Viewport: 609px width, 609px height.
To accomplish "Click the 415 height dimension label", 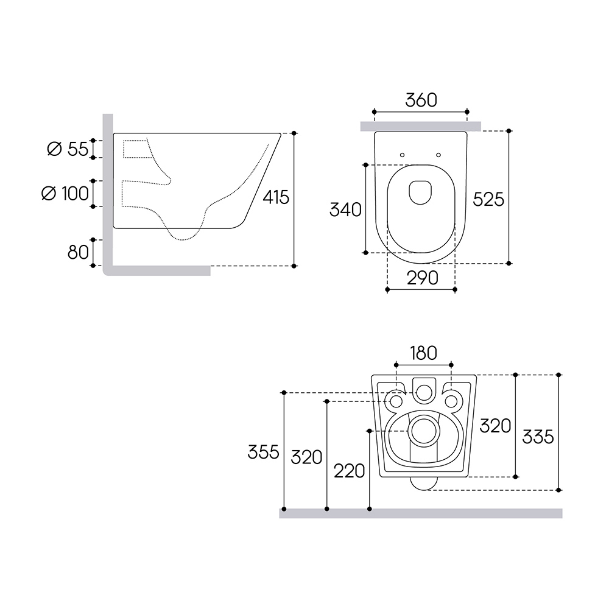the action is point(276,197).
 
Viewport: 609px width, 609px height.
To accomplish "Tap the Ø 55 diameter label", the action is point(68,149).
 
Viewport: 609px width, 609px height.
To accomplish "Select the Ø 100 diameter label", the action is point(65,194).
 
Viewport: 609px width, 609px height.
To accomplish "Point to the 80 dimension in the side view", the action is point(78,253).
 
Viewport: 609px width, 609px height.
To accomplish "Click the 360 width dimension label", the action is point(421,100).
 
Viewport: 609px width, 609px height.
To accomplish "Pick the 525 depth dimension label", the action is point(488,199).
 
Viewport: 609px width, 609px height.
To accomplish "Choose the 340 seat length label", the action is point(345,209).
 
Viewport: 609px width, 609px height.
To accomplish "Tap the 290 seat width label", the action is point(423,278).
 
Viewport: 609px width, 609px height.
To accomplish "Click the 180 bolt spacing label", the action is point(423,353).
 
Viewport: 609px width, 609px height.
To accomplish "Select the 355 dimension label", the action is point(263,452).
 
